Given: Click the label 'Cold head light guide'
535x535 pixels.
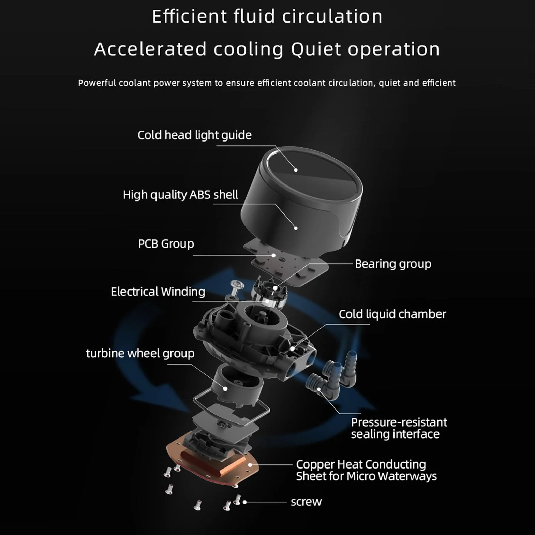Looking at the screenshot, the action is pyautogui.click(x=194, y=135).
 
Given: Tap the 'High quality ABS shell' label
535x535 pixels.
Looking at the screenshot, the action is pyautogui.click(x=180, y=195).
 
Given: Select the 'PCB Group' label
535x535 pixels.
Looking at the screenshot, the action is pyautogui.click(x=166, y=244).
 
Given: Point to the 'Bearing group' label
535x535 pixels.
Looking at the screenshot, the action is pyautogui.click(x=393, y=264).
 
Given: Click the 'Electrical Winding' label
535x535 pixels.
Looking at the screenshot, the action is pyautogui.click(x=158, y=292).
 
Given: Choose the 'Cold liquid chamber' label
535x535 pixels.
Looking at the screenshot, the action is pyautogui.click(x=392, y=314).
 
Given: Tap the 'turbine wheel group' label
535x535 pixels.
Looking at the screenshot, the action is pyautogui.click(x=140, y=353).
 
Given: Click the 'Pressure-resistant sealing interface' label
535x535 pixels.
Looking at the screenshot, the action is pyautogui.click(x=399, y=428).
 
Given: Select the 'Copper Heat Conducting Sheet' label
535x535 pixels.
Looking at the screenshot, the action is pyautogui.click(x=366, y=470).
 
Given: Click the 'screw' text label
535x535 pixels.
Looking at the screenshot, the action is pyautogui.click(x=306, y=502).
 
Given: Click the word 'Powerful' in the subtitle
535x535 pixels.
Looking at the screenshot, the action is pyautogui.click(x=97, y=83).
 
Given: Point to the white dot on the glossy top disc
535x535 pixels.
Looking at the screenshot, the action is pyautogui.click(x=296, y=170).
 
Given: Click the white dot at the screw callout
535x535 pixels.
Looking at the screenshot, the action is pyautogui.click(x=244, y=502).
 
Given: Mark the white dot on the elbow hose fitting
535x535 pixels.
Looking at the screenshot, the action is pyautogui.click(x=319, y=389).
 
